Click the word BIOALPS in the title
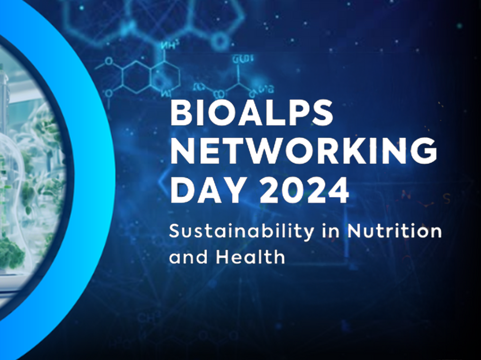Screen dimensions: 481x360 click(252, 113)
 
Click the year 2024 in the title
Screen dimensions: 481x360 click(304, 190)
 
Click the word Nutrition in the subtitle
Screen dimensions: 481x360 click(395, 231)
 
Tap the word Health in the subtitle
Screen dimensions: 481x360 click(251, 257)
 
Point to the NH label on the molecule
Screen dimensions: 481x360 click(168, 46)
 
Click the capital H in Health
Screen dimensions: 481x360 click(223, 257)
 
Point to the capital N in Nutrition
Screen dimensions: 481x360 click(355, 231)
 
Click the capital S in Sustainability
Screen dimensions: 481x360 click(175, 231)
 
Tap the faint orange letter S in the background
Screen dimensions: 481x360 click(447, 199)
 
